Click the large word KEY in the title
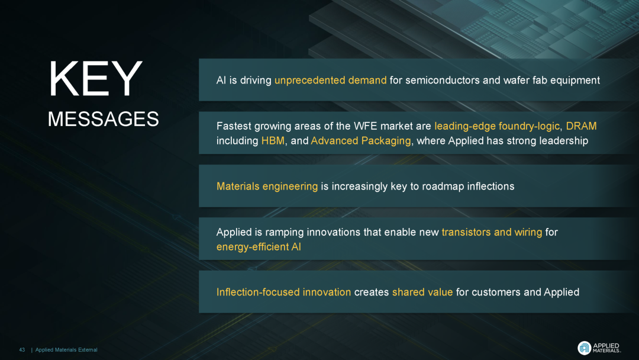[x=95, y=79]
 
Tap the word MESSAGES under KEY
[x=103, y=119]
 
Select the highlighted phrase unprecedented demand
[x=331, y=81]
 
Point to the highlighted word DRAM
[x=581, y=126]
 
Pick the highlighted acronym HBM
[x=273, y=141]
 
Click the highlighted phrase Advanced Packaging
[x=361, y=141]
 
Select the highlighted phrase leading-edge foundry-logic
[x=497, y=126]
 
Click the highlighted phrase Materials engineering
[x=267, y=187]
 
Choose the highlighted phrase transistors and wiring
[x=492, y=232]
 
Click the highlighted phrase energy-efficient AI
[x=259, y=247]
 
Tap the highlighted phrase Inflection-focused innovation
[x=283, y=292]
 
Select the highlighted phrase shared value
[x=422, y=292]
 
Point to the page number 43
[x=22, y=350]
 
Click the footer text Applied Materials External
[x=66, y=350]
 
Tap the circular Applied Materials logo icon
[x=585, y=348]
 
